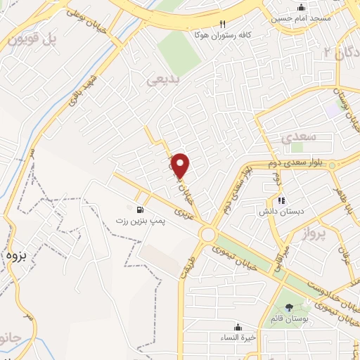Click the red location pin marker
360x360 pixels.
[181, 165]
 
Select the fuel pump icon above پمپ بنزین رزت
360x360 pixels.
[139, 210]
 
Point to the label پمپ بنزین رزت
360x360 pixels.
[140, 221]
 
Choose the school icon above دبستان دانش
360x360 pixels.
[281, 200]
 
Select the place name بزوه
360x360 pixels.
[15, 256]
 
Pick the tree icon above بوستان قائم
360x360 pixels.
[290, 307]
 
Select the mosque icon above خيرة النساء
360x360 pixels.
[237, 326]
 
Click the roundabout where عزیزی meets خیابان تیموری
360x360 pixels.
[208, 234]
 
